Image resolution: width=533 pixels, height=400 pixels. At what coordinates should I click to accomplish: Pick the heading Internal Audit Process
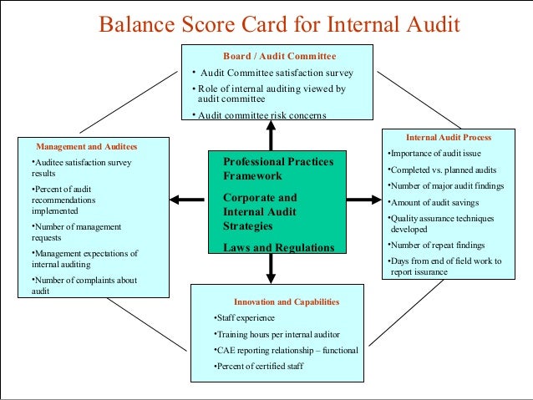point(449,137)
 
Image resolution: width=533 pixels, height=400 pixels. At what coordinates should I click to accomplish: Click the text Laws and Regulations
point(278,247)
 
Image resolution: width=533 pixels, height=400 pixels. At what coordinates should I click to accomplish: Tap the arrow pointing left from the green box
point(186,200)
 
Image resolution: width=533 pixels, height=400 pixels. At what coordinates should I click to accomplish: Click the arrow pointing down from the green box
point(271,267)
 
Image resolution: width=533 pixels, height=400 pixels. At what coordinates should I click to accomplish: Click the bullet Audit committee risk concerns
point(258,115)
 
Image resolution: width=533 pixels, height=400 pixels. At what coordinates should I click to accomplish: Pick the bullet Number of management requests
point(76,232)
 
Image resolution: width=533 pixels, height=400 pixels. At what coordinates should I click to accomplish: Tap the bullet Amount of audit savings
point(434,202)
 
